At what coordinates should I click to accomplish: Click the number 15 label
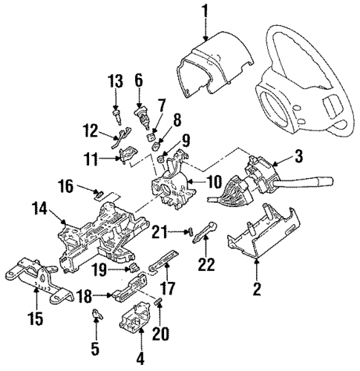(x=36, y=321)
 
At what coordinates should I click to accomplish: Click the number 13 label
(x=116, y=81)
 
